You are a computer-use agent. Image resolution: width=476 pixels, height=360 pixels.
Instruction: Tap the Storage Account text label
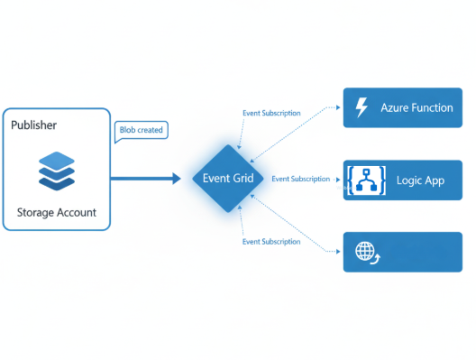pos(56,213)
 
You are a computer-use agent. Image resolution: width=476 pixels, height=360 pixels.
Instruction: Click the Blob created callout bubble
pos(142,130)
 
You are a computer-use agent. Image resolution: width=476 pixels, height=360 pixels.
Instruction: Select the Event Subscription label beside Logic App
pos(300,179)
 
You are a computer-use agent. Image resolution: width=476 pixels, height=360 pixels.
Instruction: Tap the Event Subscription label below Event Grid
pos(271,242)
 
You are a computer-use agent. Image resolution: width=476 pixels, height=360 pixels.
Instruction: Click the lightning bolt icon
pos(362,108)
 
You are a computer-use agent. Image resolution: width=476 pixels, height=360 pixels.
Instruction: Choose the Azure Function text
pos(416,108)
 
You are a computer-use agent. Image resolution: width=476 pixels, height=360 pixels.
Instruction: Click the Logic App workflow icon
pos(365,180)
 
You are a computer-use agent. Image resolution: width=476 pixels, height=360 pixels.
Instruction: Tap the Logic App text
pos(420,180)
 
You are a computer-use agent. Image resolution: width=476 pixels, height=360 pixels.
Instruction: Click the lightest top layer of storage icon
pos(56,160)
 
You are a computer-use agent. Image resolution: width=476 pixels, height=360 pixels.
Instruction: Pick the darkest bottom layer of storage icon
pos(56,181)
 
